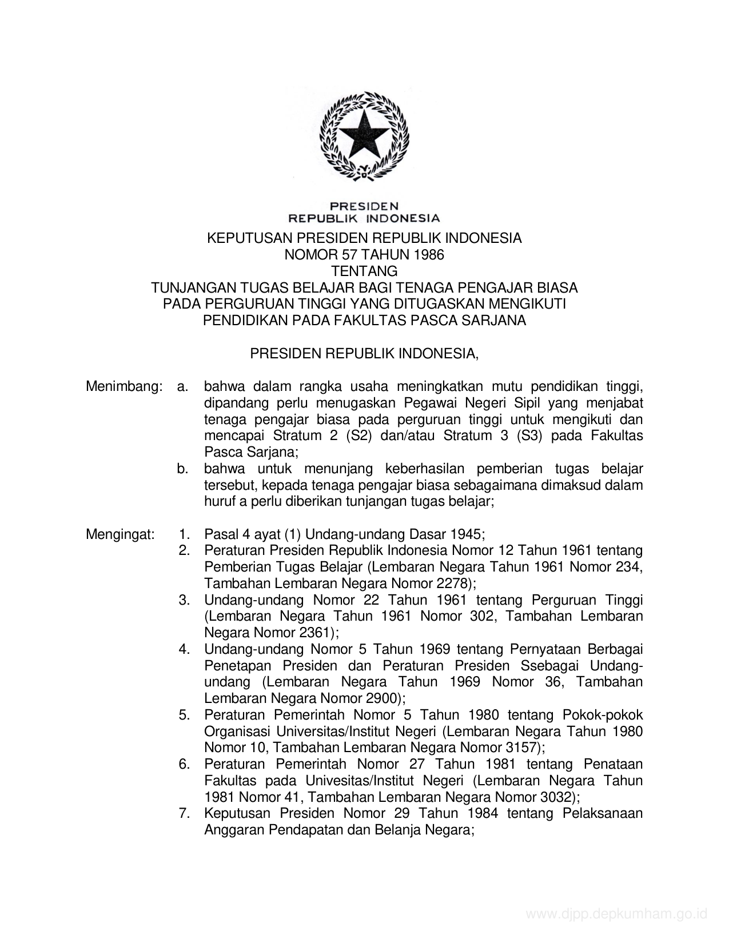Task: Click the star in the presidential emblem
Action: (x=364, y=133)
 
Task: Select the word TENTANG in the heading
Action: (x=364, y=271)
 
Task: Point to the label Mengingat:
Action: (x=120, y=535)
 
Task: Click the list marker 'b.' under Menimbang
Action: (x=183, y=469)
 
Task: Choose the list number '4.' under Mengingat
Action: (x=184, y=649)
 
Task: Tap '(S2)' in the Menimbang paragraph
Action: (x=359, y=436)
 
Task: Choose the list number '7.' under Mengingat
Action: (x=184, y=813)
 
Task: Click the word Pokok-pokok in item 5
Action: (x=603, y=715)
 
